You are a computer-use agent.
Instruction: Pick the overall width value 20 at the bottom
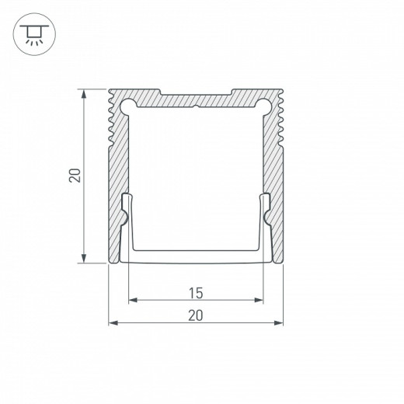click(195, 315)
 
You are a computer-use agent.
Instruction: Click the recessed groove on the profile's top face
click(196, 94)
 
